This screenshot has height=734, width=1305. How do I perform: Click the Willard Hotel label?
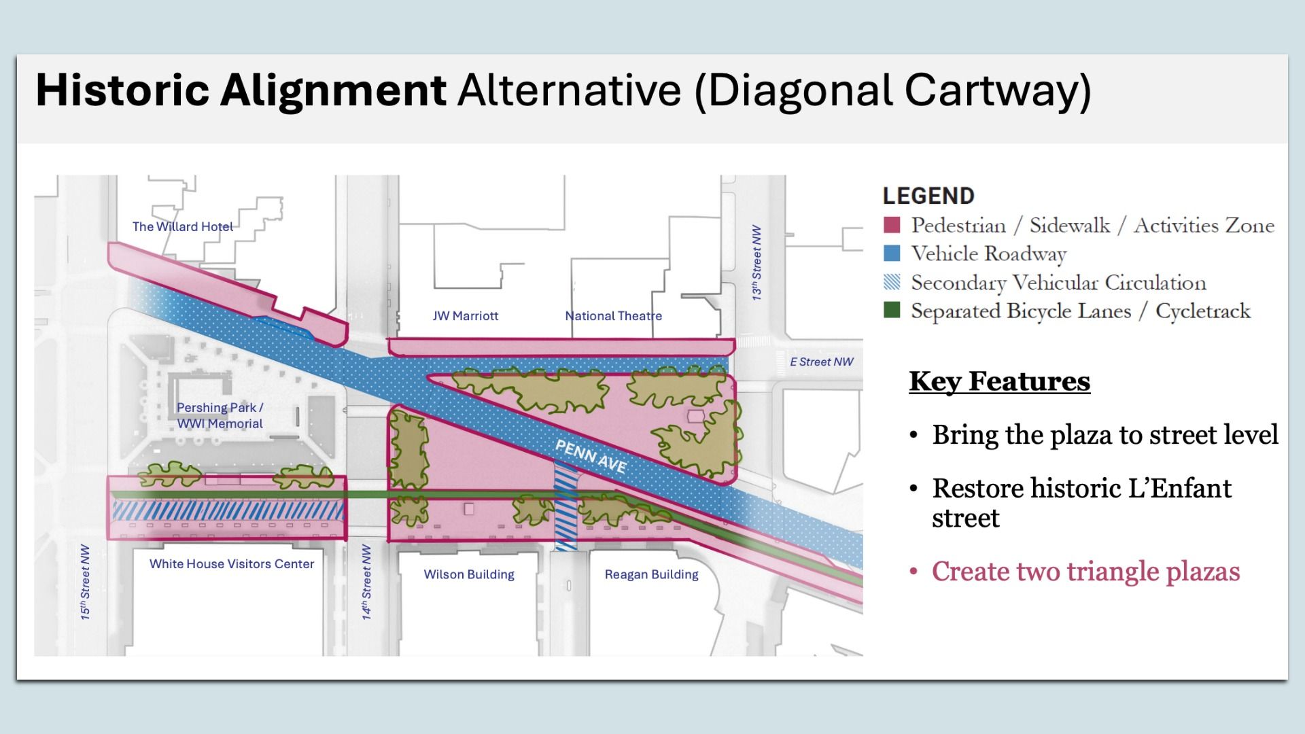[182, 226]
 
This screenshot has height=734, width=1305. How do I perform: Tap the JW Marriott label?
[466, 315]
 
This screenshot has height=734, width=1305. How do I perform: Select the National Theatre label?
[613, 315]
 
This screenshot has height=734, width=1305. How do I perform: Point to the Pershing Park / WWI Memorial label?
[220, 415]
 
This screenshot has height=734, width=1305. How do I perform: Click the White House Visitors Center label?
[231, 563]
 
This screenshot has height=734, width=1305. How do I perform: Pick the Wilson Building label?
[469, 574]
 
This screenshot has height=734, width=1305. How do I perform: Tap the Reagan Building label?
[651, 574]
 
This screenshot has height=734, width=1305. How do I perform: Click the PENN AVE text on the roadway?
[591, 455]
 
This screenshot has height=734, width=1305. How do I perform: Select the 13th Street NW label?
[756, 263]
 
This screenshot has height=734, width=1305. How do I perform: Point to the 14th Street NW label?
[366, 582]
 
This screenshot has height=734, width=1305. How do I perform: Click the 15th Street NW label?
[85, 582]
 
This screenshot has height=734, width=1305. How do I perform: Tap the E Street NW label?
[821, 362]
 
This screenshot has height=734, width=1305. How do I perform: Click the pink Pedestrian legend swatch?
[892, 225]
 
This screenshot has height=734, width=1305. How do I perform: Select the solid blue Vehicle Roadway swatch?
[892, 254]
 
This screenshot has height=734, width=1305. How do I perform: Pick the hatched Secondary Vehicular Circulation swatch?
[892, 282]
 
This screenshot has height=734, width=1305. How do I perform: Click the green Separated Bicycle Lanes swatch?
[892, 311]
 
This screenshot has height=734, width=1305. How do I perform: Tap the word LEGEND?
[928, 196]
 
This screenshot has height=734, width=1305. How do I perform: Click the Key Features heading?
[999, 381]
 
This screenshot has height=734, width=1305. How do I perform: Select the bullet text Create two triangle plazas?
[1085, 572]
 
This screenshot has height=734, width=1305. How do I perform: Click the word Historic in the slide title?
[122, 90]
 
